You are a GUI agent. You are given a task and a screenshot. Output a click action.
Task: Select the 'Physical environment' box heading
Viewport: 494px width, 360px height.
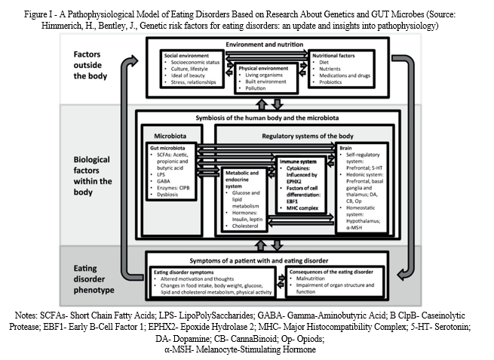click(x=262, y=67)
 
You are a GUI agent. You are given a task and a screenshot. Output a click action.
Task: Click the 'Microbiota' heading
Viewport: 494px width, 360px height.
click(x=173, y=137)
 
